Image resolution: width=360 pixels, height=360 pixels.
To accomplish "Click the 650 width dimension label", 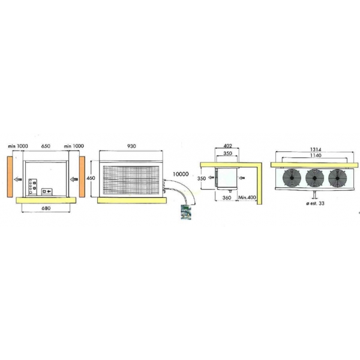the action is point(46,146).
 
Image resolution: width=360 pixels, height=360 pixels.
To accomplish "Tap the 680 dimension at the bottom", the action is point(46,208).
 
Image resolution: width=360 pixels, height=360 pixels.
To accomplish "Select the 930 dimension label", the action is point(131,146).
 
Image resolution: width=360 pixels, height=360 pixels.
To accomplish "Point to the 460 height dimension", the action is point(91,178).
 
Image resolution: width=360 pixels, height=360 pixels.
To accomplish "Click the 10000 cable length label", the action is point(181,174).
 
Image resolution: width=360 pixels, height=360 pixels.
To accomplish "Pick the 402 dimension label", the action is point(227,146).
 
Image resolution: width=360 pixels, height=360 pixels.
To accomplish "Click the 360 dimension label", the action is point(227,197).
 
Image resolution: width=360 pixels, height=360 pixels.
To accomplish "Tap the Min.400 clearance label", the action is point(247,197).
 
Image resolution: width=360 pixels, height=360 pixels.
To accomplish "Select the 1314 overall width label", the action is point(316,149).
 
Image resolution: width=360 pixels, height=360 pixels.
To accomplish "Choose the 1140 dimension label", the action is point(316,155).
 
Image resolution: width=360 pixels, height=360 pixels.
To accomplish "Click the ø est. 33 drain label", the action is point(316,203).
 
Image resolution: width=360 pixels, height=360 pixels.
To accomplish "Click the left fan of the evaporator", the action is point(292,178).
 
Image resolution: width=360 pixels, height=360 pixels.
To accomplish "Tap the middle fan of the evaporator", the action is point(315,178).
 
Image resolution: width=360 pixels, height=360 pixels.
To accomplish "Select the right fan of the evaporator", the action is point(337,178).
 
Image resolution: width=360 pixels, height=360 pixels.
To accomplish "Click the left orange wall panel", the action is point(10,176).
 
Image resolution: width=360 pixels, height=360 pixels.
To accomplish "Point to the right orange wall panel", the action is point(82,176).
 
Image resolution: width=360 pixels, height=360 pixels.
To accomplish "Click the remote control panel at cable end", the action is point(186,212).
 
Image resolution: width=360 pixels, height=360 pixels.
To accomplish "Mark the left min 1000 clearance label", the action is point(18,146).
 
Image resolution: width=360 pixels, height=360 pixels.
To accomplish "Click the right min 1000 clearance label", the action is point(74,146).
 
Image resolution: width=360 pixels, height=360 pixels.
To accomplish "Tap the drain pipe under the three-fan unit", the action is point(315,194).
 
